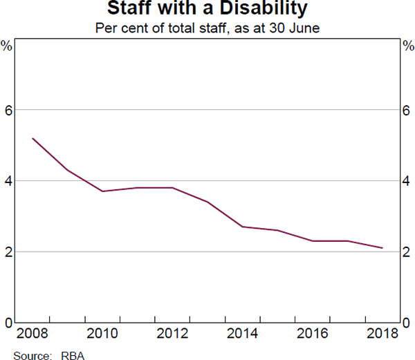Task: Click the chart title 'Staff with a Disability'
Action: (207, 10)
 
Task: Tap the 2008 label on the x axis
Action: (33, 334)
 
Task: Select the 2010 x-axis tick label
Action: (102, 334)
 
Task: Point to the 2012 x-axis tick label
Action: (172, 334)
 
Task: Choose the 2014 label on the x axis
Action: (242, 334)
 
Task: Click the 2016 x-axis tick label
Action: (312, 334)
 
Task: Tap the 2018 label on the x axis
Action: (382, 334)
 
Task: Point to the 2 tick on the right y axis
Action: (407, 252)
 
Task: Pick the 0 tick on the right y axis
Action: (407, 323)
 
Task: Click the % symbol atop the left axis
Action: (7, 46)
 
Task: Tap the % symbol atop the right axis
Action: (407, 46)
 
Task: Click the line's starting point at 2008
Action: (33, 138)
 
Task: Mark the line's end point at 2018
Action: (382, 248)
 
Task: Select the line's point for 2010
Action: (102, 191)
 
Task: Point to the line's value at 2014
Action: (242, 227)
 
